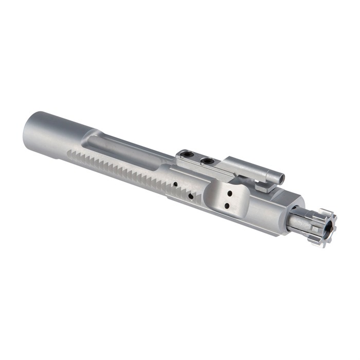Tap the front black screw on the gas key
click(x=208, y=161)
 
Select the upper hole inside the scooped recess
click(x=229, y=194)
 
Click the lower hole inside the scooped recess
click(x=227, y=206)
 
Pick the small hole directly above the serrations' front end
click(x=175, y=184)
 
